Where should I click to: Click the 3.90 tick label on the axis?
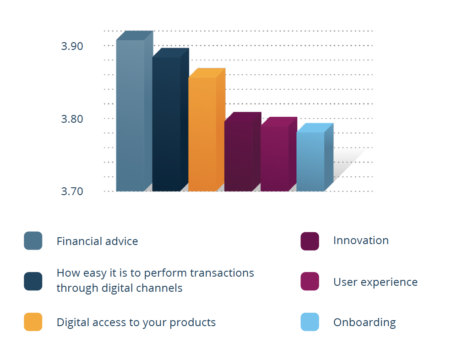pyautogui.click(x=72, y=46)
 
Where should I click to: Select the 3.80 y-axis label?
pyautogui.click(x=72, y=119)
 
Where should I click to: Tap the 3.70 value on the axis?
pyautogui.click(x=72, y=191)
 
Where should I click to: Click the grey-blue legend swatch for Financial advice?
pyautogui.click(x=33, y=241)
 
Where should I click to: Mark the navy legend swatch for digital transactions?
pyautogui.click(x=33, y=281)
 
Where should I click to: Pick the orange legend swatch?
pyautogui.click(x=33, y=322)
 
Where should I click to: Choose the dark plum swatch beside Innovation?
pyautogui.click(x=310, y=241)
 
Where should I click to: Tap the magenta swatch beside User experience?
pyautogui.click(x=310, y=281)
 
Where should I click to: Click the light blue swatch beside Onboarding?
pyautogui.click(x=310, y=322)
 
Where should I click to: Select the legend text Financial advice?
pyautogui.click(x=98, y=241)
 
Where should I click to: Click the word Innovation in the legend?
pyautogui.click(x=361, y=240)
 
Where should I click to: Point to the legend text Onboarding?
pyautogui.click(x=365, y=323)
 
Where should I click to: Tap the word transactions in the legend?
pyautogui.click(x=222, y=273)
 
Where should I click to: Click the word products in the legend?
pyautogui.click(x=193, y=323)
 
